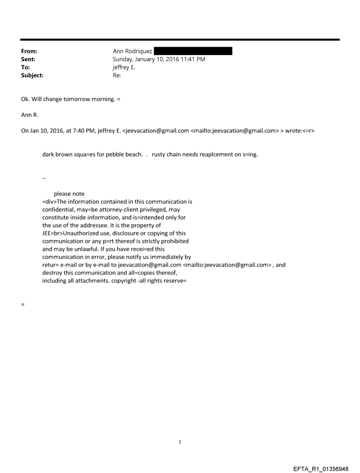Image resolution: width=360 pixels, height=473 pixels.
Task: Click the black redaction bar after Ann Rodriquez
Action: pyautogui.click(x=193, y=52)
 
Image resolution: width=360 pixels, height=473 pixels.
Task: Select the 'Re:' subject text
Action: pyautogui.click(x=117, y=75)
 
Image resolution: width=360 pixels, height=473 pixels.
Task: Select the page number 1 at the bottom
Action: pyautogui.click(x=180, y=442)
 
